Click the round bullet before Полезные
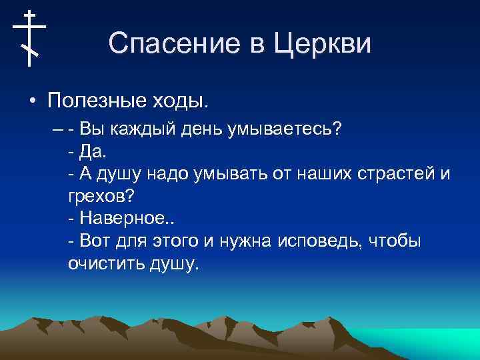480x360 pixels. coord(32,102)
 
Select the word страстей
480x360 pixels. coord(395,174)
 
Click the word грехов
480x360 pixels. coord(99,197)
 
